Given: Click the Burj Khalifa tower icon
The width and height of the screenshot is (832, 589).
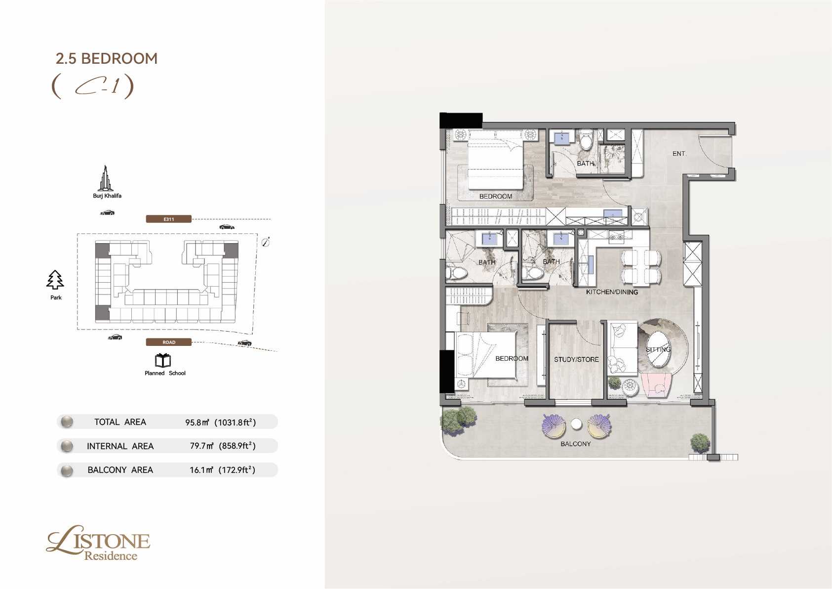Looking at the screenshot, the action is point(106,178).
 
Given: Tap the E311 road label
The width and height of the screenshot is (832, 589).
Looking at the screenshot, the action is point(169,219).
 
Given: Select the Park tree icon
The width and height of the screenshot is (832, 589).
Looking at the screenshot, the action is point(55,280).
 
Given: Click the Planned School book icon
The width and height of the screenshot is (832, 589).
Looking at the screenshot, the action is point(162,360).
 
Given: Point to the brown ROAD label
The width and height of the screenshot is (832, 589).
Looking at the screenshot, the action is point(169,342).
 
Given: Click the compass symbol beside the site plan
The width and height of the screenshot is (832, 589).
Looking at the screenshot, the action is point(266,242).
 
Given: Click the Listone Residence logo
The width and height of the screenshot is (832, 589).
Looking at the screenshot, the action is point(98,543).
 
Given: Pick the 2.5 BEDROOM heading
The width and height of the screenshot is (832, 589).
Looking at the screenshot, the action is point(107,59).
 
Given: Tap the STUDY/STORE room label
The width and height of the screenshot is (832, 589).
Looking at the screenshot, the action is point(576,359).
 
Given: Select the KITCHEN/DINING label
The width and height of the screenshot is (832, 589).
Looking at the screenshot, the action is point(612,292).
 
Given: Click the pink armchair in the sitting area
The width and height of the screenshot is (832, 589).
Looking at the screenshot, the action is point(656,385).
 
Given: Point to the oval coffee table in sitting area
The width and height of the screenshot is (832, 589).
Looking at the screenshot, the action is point(659,350).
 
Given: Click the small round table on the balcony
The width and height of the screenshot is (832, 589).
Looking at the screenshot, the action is point(576,424).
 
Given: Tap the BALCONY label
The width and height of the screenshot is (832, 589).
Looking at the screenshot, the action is point(576,444).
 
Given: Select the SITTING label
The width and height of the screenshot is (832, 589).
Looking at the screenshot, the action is point(658,349).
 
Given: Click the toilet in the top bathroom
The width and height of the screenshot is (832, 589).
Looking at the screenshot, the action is point(587,139).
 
